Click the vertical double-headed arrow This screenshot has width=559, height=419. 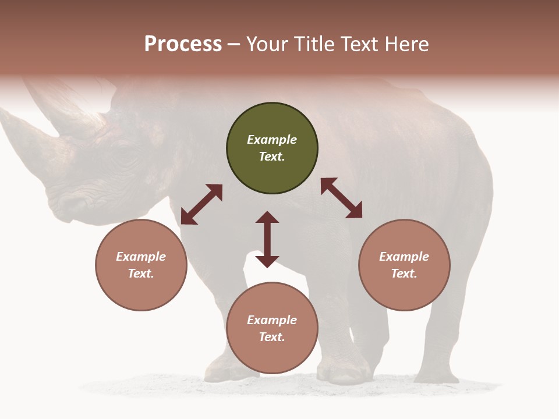click(267, 239)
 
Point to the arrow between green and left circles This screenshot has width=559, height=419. click(201, 204)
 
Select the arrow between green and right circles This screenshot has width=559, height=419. click(341, 198)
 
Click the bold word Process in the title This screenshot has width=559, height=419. click(183, 44)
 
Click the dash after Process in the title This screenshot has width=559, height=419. click(233, 44)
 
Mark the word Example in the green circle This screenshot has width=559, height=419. click(272, 140)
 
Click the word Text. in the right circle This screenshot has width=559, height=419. click(404, 274)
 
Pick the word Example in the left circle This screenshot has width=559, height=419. click(141, 257)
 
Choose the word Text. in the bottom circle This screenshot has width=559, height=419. click(272, 337)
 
